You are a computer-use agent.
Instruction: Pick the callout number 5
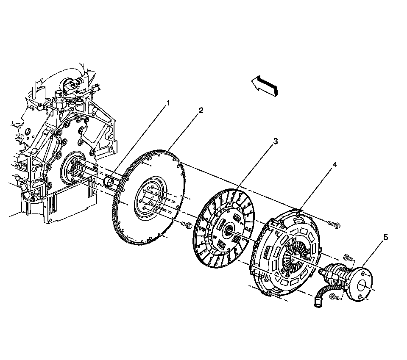click(385, 238)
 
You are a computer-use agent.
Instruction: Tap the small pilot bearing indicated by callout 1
click(111, 182)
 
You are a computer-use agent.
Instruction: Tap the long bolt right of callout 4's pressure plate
click(335, 225)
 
